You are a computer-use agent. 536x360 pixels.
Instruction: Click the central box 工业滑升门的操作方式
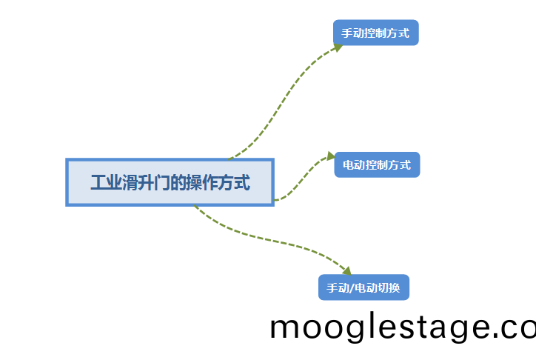tap(170, 182)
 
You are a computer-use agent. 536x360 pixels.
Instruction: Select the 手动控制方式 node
tap(376, 33)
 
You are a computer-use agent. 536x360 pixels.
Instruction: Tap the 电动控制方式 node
tap(377, 164)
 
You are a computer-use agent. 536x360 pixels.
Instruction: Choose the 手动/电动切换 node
tap(364, 287)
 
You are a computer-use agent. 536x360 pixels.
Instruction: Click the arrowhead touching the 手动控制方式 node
tap(338, 47)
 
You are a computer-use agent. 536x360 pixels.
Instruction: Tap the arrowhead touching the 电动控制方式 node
tap(330, 156)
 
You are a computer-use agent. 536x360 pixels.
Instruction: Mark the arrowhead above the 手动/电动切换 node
tap(346, 271)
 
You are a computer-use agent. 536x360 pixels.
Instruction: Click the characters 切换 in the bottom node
tap(389, 288)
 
